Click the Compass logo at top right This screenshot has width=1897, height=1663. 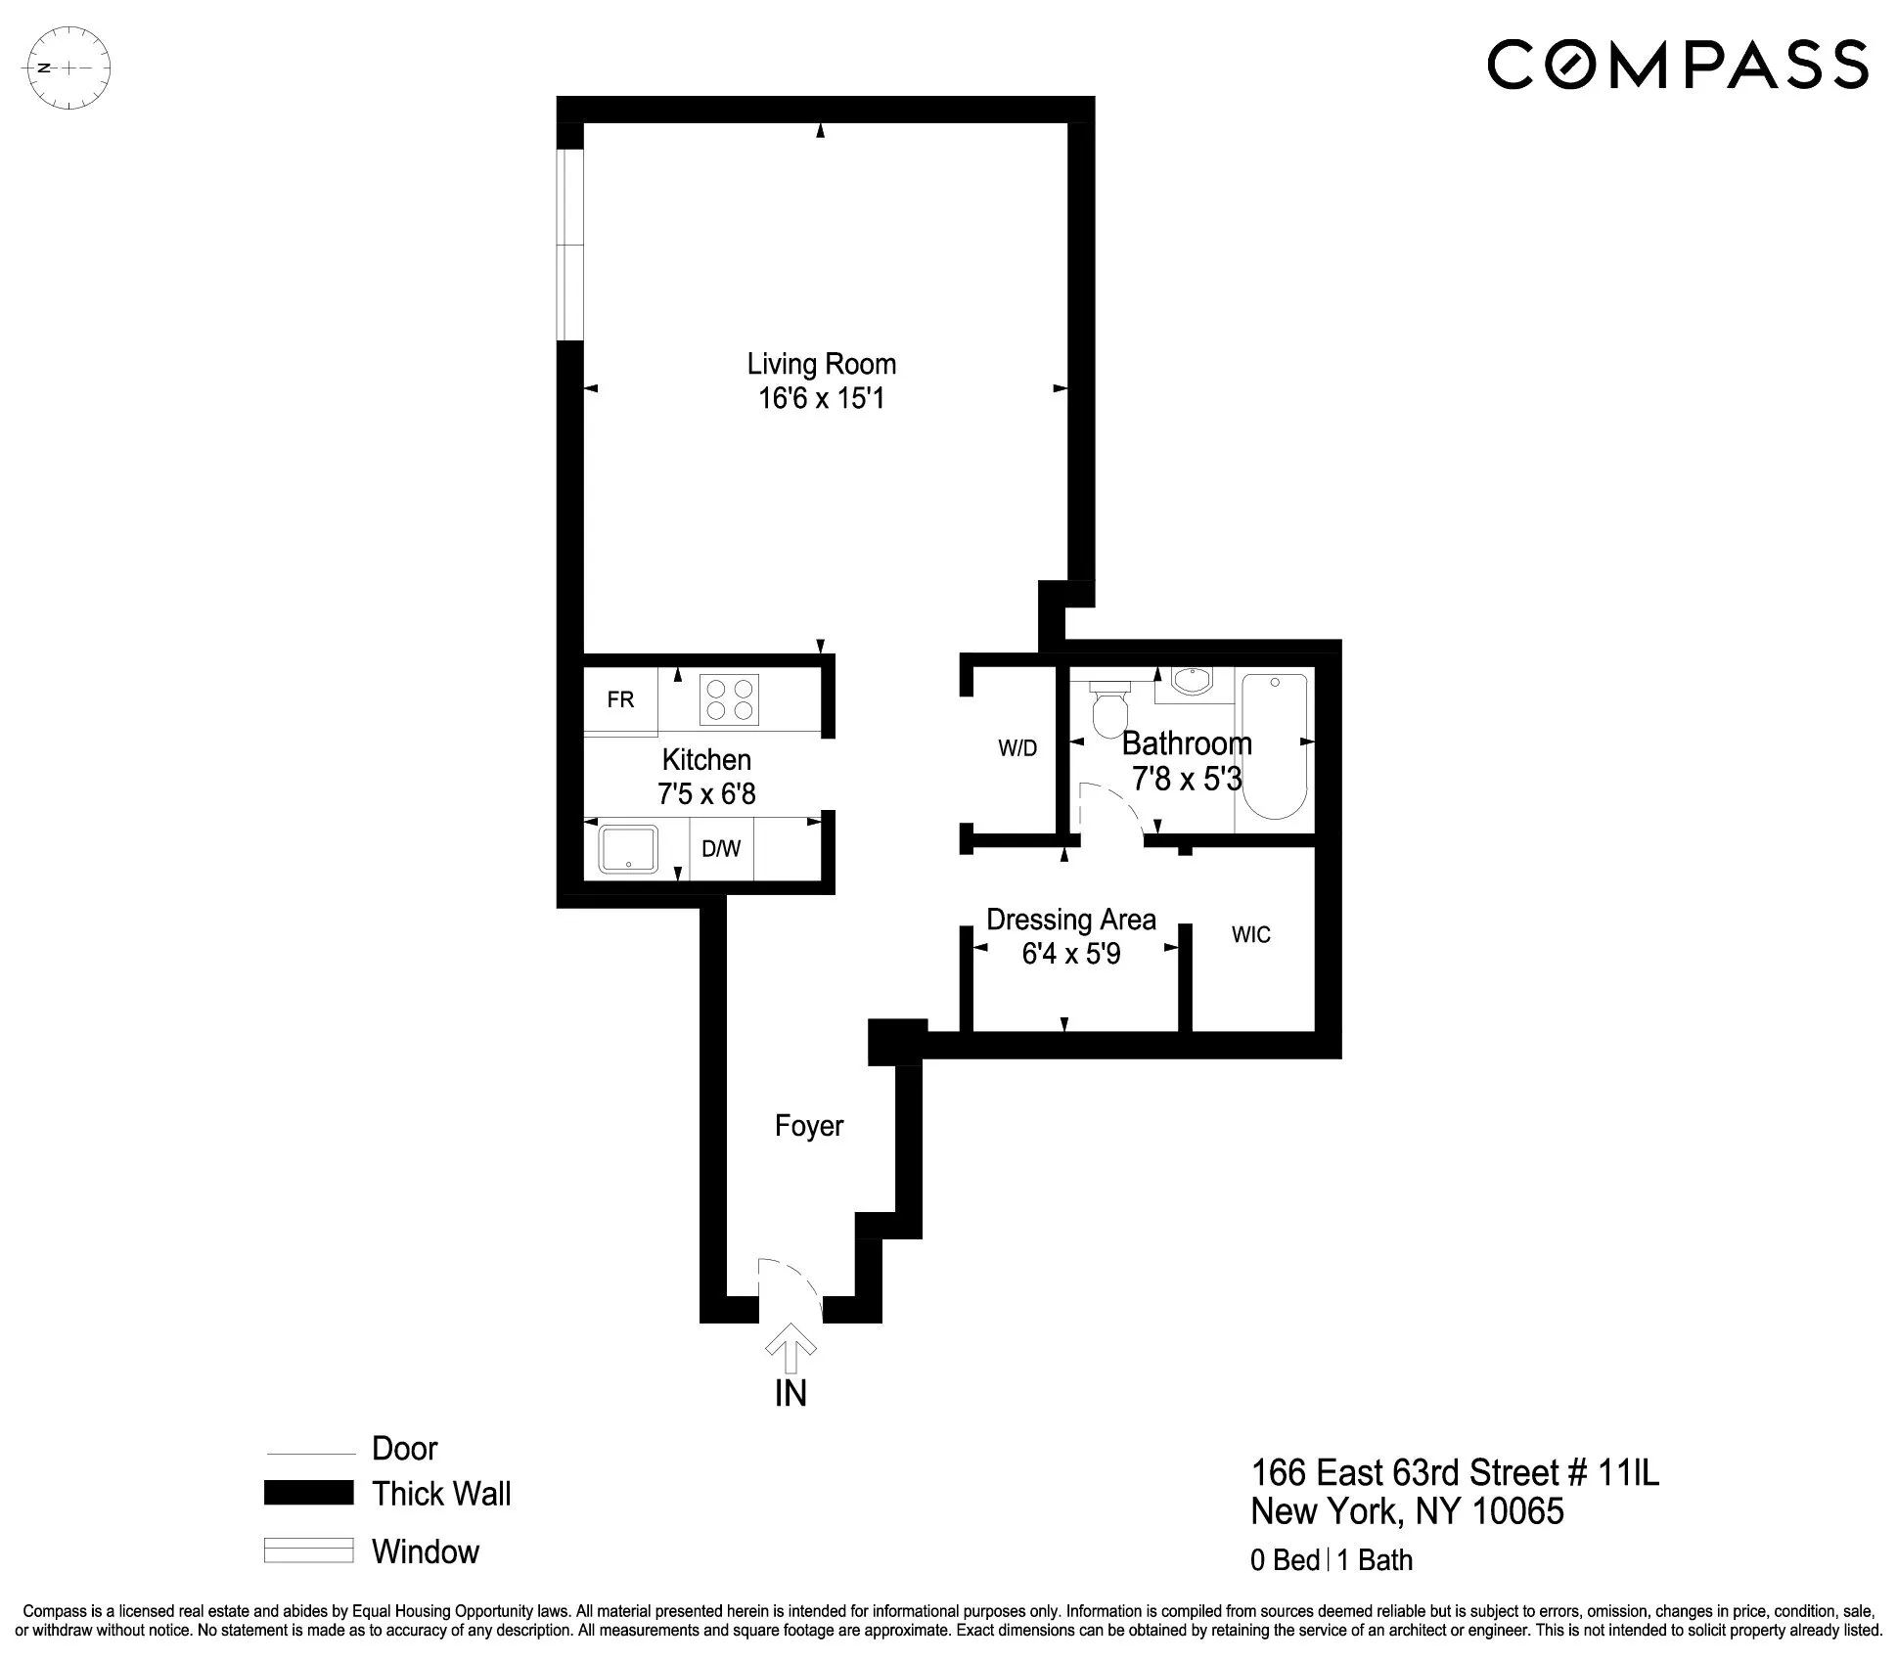click(1677, 64)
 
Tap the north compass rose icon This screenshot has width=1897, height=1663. click(69, 68)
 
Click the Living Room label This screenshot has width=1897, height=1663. click(821, 364)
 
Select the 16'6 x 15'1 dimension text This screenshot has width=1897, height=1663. click(821, 398)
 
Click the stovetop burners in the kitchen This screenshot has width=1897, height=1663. click(729, 700)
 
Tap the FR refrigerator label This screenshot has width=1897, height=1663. click(620, 699)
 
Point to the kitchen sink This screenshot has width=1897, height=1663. click(628, 848)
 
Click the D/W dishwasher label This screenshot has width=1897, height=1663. click(721, 849)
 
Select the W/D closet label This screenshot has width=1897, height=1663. click(1017, 748)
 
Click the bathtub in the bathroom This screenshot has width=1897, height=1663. click(1274, 745)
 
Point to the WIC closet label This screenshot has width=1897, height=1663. click(1250, 934)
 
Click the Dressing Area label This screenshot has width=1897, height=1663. click(1070, 920)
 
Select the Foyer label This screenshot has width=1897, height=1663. click(808, 1126)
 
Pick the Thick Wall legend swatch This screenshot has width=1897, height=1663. click(308, 1493)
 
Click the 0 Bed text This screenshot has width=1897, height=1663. click(1285, 1559)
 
